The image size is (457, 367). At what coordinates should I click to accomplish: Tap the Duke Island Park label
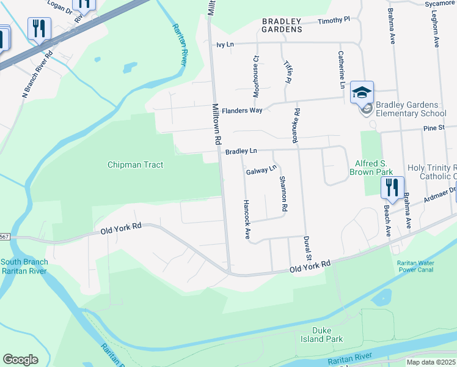click(x=321, y=335)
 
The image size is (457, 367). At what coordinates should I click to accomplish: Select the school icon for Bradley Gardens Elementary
click(x=362, y=93)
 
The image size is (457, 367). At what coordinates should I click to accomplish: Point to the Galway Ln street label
click(x=261, y=170)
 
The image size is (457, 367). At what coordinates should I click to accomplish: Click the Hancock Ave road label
click(x=246, y=219)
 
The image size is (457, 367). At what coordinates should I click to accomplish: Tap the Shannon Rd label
click(x=283, y=194)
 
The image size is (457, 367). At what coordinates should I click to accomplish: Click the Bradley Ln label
click(x=241, y=151)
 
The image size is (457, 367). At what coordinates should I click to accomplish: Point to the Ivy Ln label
click(x=226, y=45)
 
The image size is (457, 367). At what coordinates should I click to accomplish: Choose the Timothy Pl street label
click(x=333, y=21)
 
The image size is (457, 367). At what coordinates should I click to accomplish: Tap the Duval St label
click(x=308, y=248)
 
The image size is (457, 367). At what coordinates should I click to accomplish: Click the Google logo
click(x=20, y=360)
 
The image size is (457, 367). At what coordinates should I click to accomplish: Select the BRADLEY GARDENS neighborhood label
click(x=282, y=25)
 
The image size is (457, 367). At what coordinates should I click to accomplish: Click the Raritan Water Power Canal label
click(x=415, y=266)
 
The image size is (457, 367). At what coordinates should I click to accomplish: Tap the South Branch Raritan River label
click(x=24, y=266)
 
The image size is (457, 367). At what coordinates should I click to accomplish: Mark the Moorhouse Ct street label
click(x=257, y=76)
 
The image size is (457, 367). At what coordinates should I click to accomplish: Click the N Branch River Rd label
click(x=38, y=74)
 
